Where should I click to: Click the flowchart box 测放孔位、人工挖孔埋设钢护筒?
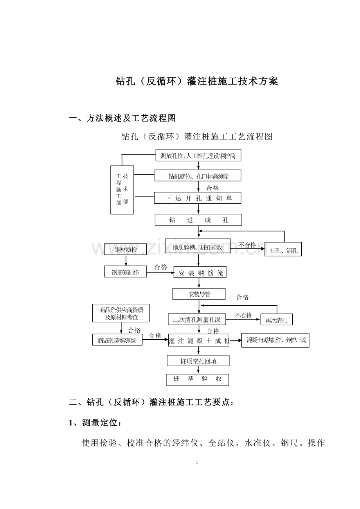(198, 156)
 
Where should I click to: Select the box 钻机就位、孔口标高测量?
(198, 176)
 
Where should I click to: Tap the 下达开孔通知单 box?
(198, 198)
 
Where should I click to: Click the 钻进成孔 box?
(198, 220)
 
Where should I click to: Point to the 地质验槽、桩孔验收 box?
(198, 247)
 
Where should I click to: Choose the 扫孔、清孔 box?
(283, 250)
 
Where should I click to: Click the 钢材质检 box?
(126, 249)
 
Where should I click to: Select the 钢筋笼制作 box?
(126, 272)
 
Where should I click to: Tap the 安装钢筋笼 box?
(200, 272)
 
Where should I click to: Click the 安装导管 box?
(199, 294)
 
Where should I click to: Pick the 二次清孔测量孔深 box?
(197, 319)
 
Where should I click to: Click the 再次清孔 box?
(277, 320)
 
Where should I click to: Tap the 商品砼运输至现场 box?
(117, 340)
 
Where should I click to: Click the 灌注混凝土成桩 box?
(199, 341)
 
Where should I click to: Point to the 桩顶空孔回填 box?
(198, 361)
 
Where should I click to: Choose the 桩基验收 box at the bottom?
(198, 379)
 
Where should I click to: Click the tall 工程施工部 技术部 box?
(122, 190)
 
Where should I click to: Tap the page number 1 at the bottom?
(197, 462)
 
